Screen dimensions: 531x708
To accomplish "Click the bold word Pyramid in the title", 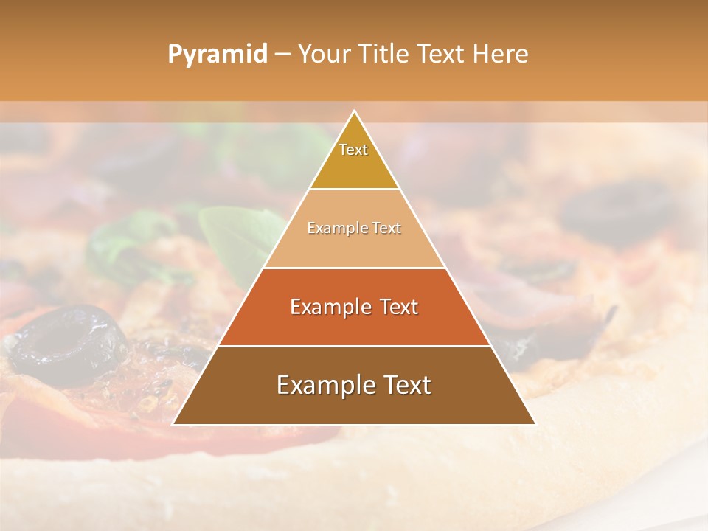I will [x=217, y=55].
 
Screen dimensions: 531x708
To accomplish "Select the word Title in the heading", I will [x=382, y=55].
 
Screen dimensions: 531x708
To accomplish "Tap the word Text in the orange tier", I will [x=395, y=307].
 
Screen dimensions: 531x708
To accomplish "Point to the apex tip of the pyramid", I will [x=354, y=112].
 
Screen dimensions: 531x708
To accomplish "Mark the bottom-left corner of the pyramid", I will [x=174, y=424].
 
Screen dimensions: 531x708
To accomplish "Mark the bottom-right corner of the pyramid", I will [x=535, y=424].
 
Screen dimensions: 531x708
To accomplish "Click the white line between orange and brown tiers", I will [x=354, y=346].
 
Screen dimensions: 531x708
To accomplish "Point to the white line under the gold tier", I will [x=354, y=189].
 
